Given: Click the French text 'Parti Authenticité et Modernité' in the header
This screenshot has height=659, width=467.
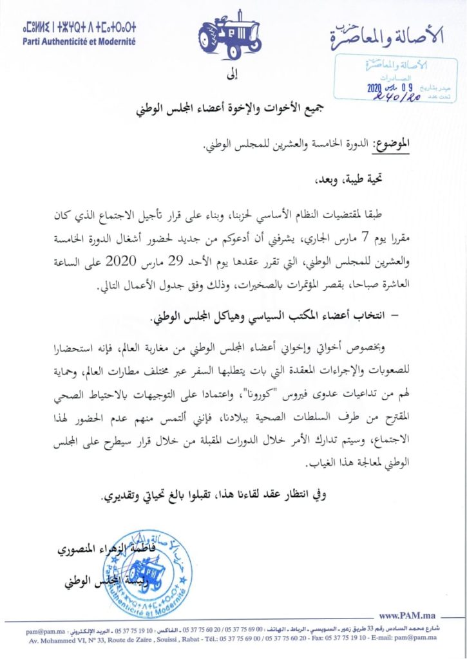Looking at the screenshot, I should [79, 41].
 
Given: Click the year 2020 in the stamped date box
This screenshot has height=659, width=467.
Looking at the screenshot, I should [376, 89].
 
